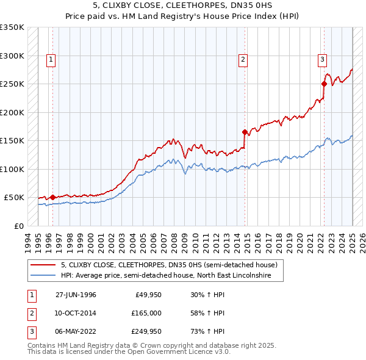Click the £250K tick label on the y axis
click(x=12, y=84)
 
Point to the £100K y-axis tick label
click(x=12, y=169)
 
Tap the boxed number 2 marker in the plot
click(x=243, y=59)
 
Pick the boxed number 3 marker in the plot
click(x=321, y=59)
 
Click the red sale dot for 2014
click(x=245, y=132)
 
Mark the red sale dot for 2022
click(x=324, y=84)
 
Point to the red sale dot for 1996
click(x=52, y=197)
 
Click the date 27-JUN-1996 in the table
click(x=76, y=295)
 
